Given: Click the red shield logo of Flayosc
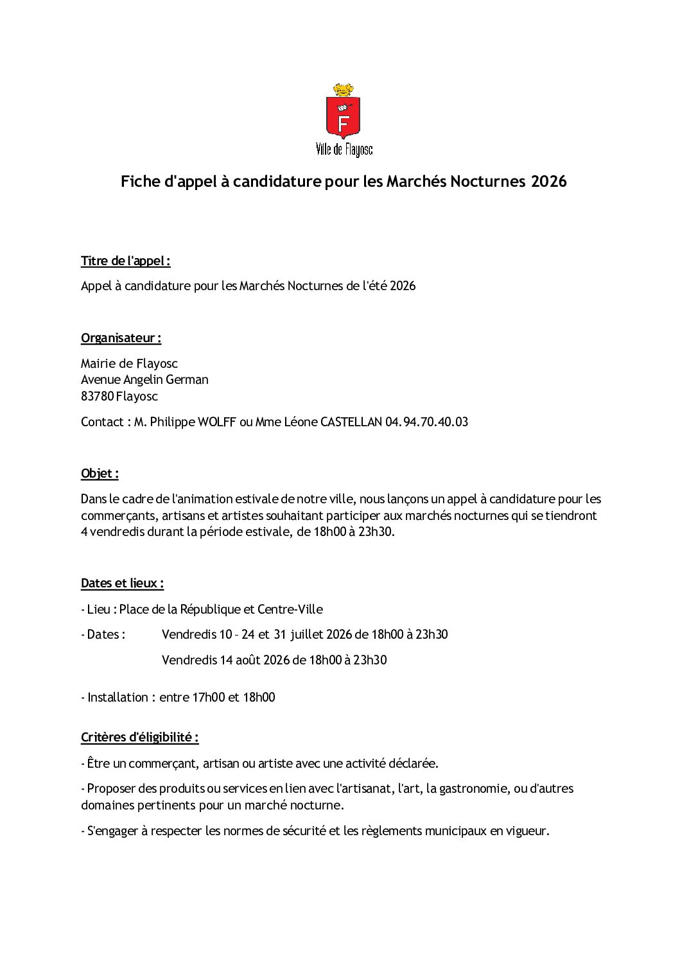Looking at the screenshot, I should [x=343, y=118].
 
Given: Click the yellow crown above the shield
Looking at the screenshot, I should [x=343, y=90].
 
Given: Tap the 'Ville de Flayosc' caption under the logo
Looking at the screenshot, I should [x=344, y=150].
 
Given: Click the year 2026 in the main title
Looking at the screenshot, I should [x=548, y=182].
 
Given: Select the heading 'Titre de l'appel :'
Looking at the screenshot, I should [x=125, y=261].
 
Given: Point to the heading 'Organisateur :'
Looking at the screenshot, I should [x=121, y=338].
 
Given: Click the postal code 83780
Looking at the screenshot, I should [x=97, y=397].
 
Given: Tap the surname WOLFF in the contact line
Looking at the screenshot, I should [x=216, y=422].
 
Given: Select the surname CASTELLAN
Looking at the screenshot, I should [x=351, y=422].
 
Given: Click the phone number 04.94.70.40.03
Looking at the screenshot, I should [x=426, y=422].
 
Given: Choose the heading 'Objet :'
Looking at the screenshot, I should [x=100, y=474].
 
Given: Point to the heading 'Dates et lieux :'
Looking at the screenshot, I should [x=122, y=584].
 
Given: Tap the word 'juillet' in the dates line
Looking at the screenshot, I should [x=306, y=635].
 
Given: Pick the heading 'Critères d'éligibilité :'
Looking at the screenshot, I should [x=139, y=738].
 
